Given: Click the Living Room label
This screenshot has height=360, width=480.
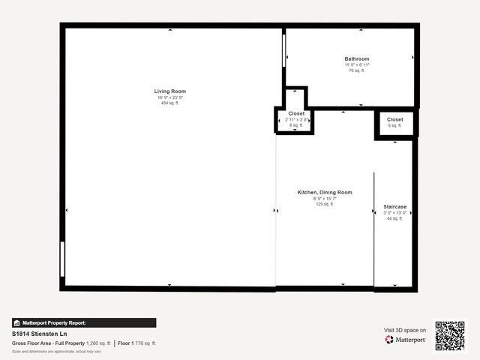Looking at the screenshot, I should coord(171,91).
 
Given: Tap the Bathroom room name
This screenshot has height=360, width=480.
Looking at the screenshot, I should coord(357,58).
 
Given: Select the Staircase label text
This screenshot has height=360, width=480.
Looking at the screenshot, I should coord(394,206).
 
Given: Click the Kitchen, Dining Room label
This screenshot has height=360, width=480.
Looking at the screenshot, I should coord(325,192).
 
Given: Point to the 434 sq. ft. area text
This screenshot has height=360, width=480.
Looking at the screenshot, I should coord(171,103).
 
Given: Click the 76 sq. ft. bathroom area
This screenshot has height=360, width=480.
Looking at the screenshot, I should coord(357,70).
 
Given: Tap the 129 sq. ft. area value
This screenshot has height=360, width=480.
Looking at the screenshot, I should coord(325,204).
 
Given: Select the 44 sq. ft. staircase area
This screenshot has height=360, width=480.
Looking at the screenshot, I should coord(394,218).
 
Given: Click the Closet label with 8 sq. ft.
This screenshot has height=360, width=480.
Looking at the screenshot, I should coord(296,113).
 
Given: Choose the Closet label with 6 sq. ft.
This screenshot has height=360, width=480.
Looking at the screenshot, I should coord(395,119).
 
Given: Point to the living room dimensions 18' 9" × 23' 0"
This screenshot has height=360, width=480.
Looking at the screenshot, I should coord(171,97).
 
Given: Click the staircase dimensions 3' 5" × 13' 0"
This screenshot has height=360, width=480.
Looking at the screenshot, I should coord(394,212).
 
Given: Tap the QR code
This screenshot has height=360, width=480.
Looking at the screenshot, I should coord(450,336).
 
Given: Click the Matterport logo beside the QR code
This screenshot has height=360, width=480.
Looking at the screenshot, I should coord(406,340).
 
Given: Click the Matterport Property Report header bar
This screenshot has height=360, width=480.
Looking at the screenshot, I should coord(84,322).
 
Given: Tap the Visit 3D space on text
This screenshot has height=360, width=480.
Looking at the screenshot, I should coord(405,330).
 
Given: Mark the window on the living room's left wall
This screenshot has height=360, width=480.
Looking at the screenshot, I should coord(63,259).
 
